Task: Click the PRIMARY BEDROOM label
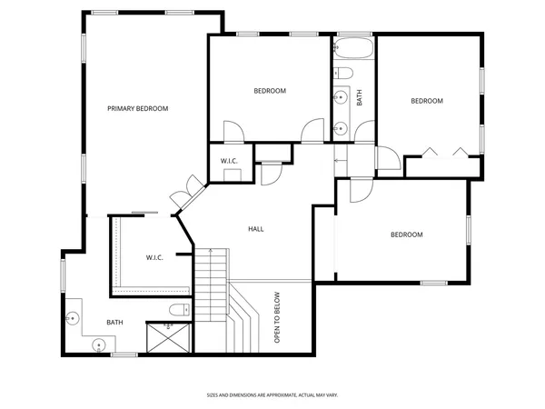point(138,109)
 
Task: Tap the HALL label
point(256,229)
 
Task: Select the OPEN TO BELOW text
point(278,317)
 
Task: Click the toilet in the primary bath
point(178,310)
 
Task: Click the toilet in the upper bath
point(344,73)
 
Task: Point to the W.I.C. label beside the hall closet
point(229,162)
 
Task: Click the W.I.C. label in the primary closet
point(154,257)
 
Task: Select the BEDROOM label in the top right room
point(427,101)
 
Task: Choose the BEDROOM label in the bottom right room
point(407,234)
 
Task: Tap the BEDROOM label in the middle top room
point(270,91)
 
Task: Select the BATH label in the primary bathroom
point(114,322)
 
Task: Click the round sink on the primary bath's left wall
point(72,319)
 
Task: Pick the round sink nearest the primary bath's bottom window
point(99,344)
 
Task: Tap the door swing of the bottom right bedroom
point(357,190)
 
